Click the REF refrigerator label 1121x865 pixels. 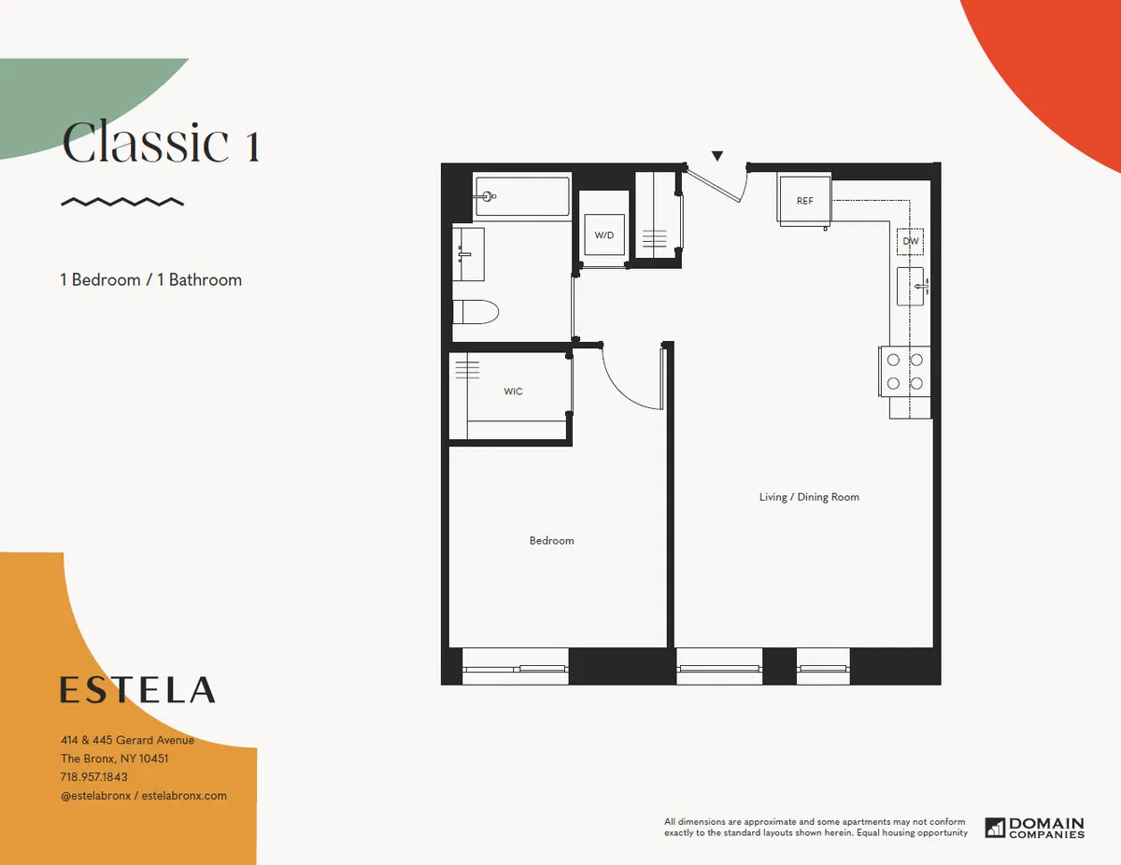coord(804,201)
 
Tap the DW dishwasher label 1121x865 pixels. coord(911,241)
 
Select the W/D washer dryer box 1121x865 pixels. coord(603,234)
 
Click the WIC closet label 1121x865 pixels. coord(513,391)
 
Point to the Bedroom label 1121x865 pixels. coord(551,541)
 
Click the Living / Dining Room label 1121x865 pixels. coord(809,497)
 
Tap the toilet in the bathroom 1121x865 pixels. coord(476,311)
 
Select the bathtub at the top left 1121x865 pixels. coord(522,196)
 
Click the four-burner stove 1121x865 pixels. coord(905,371)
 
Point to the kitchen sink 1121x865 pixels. coord(911,286)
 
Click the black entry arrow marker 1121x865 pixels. coord(717,156)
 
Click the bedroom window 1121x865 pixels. coord(515,668)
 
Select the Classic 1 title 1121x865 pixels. coord(161,144)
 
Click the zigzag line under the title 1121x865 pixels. coord(121,201)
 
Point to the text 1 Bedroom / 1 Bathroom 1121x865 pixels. coord(151,279)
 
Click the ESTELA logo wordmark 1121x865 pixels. coord(137,690)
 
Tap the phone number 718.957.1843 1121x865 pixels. coord(94,777)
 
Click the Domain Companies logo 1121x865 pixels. coord(1036,828)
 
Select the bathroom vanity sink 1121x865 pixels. coord(469,252)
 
